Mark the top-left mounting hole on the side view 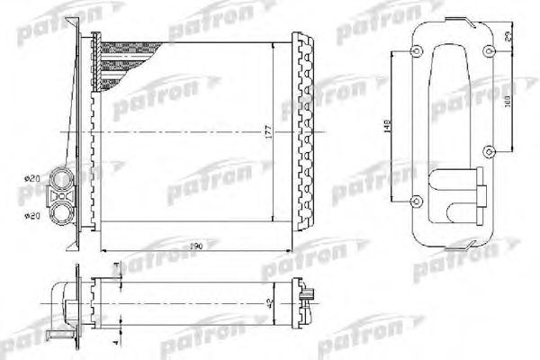416,50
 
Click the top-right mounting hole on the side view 486,50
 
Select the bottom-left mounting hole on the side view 416,200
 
